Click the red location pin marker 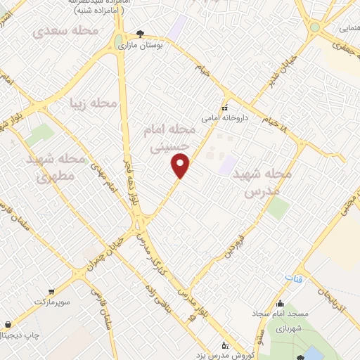(x=181, y=166)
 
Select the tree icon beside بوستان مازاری (x=140, y=34)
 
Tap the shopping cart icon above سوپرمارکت (x=51, y=291)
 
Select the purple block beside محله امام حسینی (x=227, y=166)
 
